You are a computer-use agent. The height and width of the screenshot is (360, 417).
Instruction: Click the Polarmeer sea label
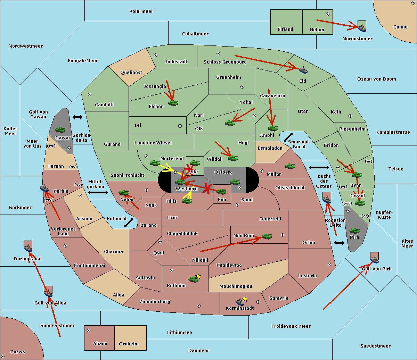(141, 11)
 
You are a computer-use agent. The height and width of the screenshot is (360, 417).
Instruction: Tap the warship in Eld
(303, 70)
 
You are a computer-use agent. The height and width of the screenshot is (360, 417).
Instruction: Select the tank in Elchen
(173, 103)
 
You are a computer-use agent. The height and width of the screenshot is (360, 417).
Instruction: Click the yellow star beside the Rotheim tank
(198, 276)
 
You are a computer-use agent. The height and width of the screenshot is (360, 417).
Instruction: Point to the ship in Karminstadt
(240, 302)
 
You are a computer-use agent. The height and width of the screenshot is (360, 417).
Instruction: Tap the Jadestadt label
(176, 62)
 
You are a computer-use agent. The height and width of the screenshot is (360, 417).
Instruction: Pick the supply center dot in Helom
(327, 14)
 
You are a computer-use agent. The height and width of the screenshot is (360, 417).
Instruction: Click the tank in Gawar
(60, 130)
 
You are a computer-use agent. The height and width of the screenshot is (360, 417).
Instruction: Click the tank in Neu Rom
(267, 236)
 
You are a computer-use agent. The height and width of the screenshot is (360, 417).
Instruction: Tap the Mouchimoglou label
(236, 286)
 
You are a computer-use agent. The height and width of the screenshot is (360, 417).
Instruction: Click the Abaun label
(100, 344)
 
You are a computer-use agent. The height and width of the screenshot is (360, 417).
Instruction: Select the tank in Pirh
(354, 231)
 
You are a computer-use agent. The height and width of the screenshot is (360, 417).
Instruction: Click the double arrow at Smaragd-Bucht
(288, 137)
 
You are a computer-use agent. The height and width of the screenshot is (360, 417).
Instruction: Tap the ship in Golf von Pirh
(374, 259)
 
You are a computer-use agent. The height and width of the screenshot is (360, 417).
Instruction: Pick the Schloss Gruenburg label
(225, 62)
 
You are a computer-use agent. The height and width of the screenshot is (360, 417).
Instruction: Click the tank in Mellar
(290, 166)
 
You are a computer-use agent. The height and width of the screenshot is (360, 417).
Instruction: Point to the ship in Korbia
(44, 189)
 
